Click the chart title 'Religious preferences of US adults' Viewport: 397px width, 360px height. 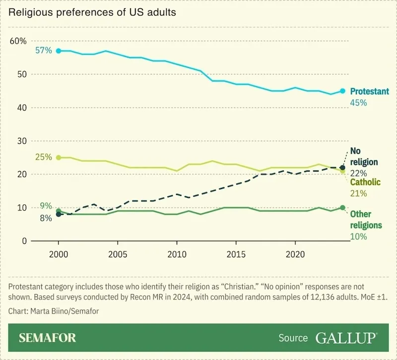pyautogui.click(x=92, y=12)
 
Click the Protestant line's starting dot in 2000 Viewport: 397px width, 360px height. pyautogui.click(x=59, y=51)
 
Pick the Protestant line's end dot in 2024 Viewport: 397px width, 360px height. pyautogui.click(x=342, y=91)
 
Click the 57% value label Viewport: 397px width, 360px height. pyautogui.click(x=43, y=51)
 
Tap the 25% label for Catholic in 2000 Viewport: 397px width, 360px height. pyautogui.click(x=43, y=157)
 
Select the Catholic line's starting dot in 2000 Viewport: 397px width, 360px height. pyautogui.click(x=59, y=157)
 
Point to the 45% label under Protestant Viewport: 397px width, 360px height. pyautogui.click(x=358, y=103)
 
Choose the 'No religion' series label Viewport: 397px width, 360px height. pyautogui.click(x=364, y=157)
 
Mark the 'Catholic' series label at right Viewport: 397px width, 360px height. pyautogui.click(x=365, y=182)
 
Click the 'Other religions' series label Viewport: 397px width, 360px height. pyautogui.click(x=366, y=220)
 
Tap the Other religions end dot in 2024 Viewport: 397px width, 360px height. pyautogui.click(x=342, y=208)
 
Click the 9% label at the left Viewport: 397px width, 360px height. pyautogui.click(x=46, y=206)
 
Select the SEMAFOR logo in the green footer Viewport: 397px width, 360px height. pyautogui.click(x=48, y=338)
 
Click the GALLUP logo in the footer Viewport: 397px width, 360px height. pyautogui.click(x=346, y=338)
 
